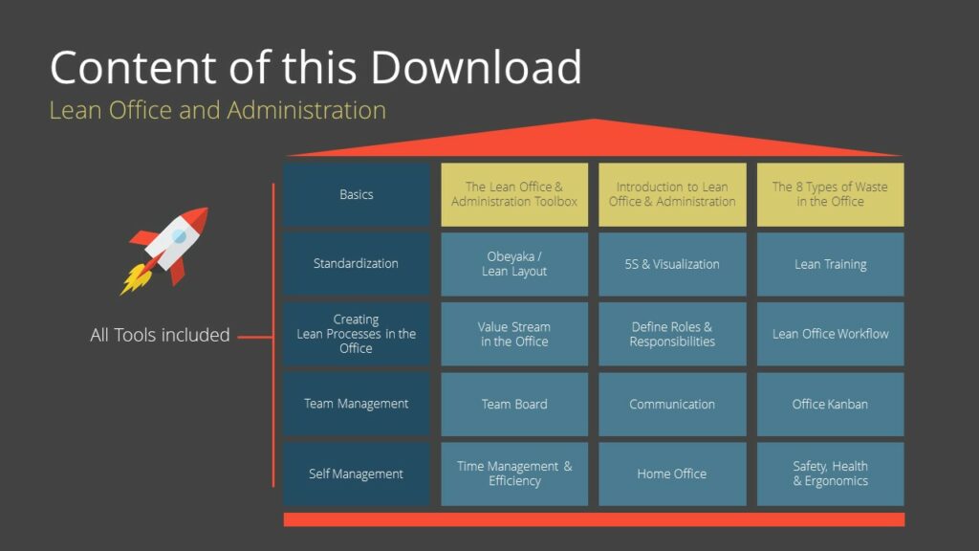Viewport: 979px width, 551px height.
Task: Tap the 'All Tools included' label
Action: (160, 335)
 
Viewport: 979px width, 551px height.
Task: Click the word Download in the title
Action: (475, 68)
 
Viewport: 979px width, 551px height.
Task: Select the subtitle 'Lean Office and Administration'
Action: (217, 110)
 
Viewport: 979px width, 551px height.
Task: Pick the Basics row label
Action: (356, 194)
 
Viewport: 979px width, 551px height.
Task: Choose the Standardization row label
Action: (356, 263)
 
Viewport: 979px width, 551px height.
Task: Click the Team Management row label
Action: (356, 404)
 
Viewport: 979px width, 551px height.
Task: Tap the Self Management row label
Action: (356, 474)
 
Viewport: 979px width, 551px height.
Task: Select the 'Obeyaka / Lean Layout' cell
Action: (514, 264)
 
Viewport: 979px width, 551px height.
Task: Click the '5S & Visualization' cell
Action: (672, 264)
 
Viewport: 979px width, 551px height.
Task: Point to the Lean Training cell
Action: (830, 264)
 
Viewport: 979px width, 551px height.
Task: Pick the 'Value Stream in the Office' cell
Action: (514, 334)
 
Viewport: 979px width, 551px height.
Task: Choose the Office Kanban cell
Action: (830, 404)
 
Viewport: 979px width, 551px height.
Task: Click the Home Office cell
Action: (672, 474)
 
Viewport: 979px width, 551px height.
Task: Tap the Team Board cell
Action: (514, 404)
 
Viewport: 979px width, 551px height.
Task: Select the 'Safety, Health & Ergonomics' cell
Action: (830, 474)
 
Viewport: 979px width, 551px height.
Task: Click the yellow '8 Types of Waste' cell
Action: (830, 194)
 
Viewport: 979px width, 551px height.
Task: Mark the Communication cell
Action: (672, 404)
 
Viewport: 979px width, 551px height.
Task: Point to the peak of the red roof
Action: (594, 122)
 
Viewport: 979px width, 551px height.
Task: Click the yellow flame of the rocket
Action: (133, 279)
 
